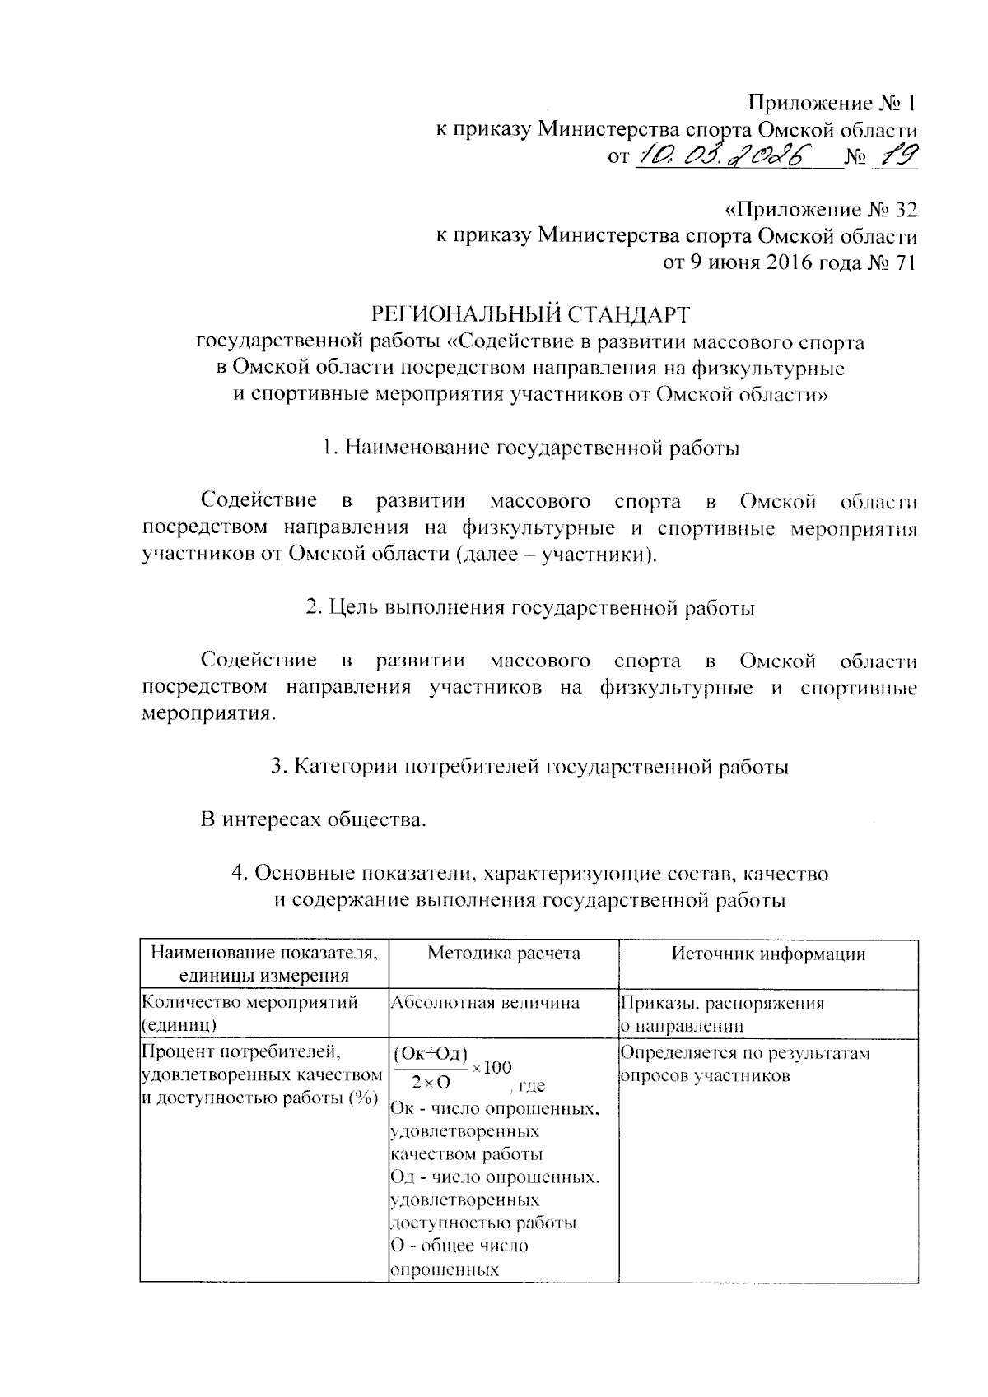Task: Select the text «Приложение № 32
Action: point(815,210)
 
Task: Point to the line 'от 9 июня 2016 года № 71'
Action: point(790,263)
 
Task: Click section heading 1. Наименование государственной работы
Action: point(530,448)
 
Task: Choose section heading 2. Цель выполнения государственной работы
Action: point(530,608)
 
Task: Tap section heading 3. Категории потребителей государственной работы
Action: point(530,767)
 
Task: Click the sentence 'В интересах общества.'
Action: point(315,819)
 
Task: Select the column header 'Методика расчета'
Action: point(504,954)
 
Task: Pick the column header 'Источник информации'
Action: point(768,954)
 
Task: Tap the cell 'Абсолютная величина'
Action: point(485,1002)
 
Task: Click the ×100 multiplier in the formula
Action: point(492,1068)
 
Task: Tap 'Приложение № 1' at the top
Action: point(832,104)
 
